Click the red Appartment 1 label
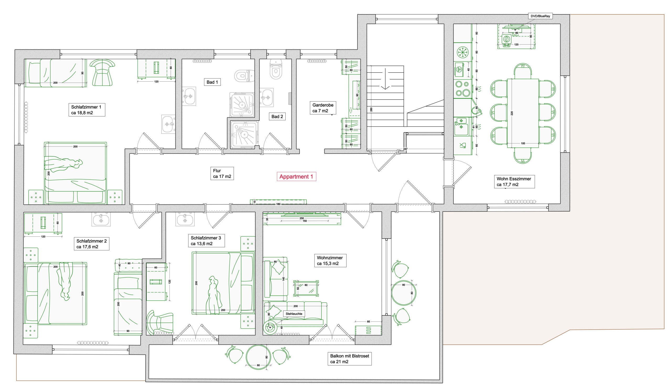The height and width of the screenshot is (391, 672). pyautogui.click(x=296, y=176)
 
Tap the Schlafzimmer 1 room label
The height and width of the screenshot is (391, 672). pyautogui.click(x=86, y=110)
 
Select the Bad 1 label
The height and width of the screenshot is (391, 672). pyautogui.click(x=212, y=82)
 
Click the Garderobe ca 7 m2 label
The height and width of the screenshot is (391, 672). pyautogui.click(x=323, y=108)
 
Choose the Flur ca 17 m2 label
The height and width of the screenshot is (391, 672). pyautogui.click(x=222, y=173)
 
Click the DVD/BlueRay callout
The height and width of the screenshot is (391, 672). pyautogui.click(x=540, y=16)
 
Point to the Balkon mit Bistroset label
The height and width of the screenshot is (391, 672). pyautogui.click(x=350, y=359)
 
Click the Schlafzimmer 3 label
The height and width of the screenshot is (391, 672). pyautogui.click(x=206, y=241)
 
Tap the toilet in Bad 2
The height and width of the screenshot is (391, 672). pyautogui.click(x=276, y=69)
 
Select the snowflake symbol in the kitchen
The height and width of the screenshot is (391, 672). pyautogui.click(x=463, y=52)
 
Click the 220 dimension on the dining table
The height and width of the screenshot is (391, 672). pyautogui.click(x=512, y=113)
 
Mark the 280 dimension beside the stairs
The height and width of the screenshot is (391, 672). pyautogui.click(x=371, y=109)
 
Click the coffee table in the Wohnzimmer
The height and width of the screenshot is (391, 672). pyautogui.click(x=306, y=288)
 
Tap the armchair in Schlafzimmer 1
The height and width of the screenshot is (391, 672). pyautogui.click(x=102, y=72)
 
